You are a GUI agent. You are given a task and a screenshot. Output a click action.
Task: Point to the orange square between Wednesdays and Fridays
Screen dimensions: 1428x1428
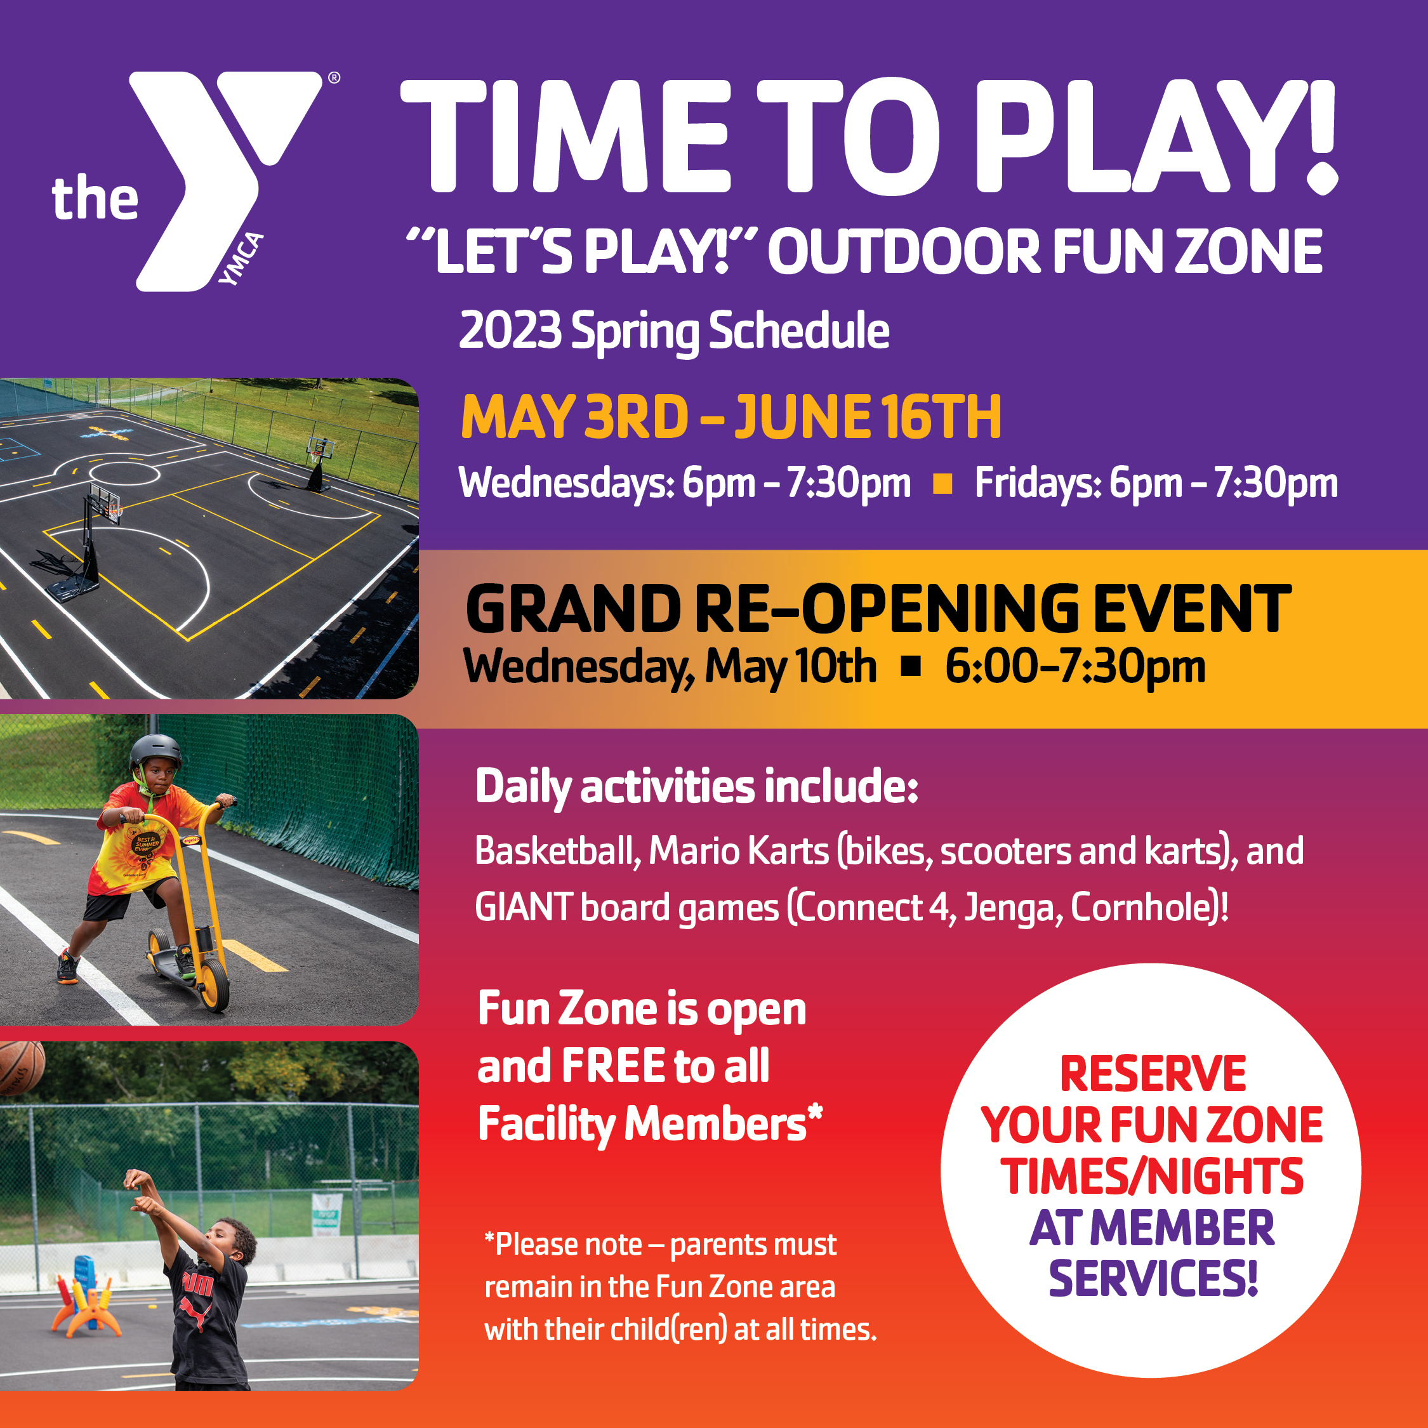(x=942, y=484)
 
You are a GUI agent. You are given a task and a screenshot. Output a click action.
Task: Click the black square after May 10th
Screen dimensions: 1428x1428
(x=911, y=666)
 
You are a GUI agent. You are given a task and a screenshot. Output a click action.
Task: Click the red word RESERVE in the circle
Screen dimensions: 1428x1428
(x=1153, y=1073)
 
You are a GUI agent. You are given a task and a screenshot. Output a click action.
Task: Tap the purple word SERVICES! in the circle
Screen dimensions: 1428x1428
(x=1153, y=1279)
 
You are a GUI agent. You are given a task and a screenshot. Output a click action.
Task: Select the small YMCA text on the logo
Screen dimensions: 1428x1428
(x=242, y=259)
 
